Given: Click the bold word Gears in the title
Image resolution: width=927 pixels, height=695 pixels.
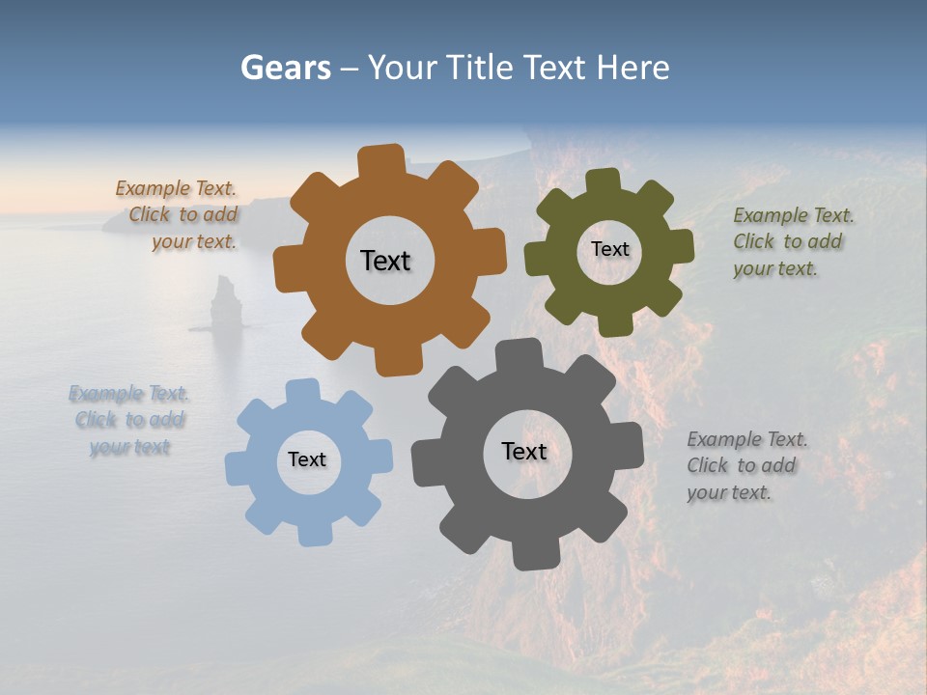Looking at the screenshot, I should tap(285, 68).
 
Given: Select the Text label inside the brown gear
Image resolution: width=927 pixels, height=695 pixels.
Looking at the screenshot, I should tap(385, 261).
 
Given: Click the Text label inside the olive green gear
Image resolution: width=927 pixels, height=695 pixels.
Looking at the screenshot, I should tap(609, 249).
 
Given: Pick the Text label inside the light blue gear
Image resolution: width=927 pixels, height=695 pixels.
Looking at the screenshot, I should tap(307, 459).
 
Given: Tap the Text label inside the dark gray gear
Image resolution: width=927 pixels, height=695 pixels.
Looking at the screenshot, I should tap(524, 451).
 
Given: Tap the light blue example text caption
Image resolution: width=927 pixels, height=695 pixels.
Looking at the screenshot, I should tap(129, 420).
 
